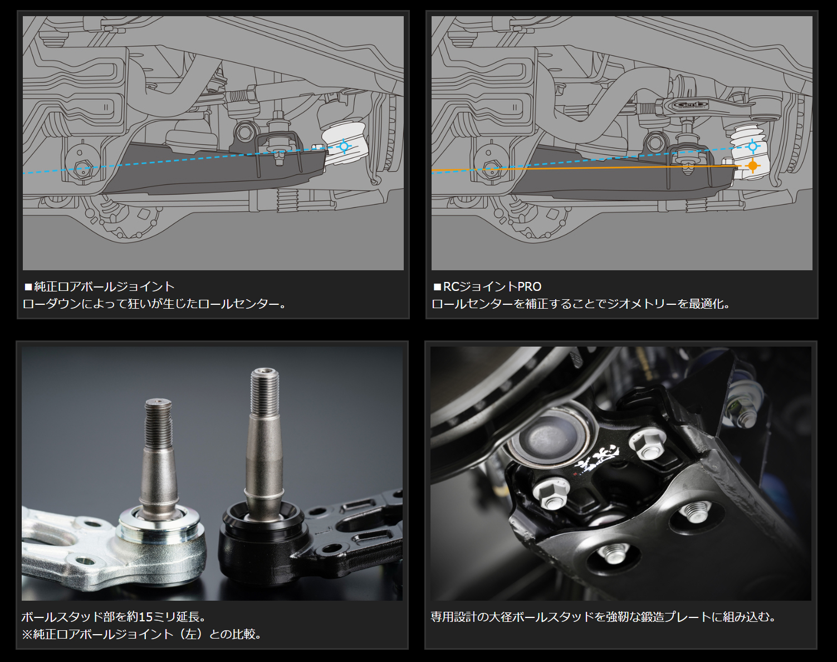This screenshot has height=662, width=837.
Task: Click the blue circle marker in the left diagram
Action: click(344, 147)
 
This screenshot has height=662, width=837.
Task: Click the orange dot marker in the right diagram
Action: click(753, 166)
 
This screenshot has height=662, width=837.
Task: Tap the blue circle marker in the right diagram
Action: click(753, 147)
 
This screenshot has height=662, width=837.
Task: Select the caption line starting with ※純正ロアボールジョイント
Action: click(141, 634)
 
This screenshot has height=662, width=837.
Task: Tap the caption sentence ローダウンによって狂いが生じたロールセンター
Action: click(154, 304)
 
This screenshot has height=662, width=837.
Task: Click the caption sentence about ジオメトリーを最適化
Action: click(581, 304)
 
